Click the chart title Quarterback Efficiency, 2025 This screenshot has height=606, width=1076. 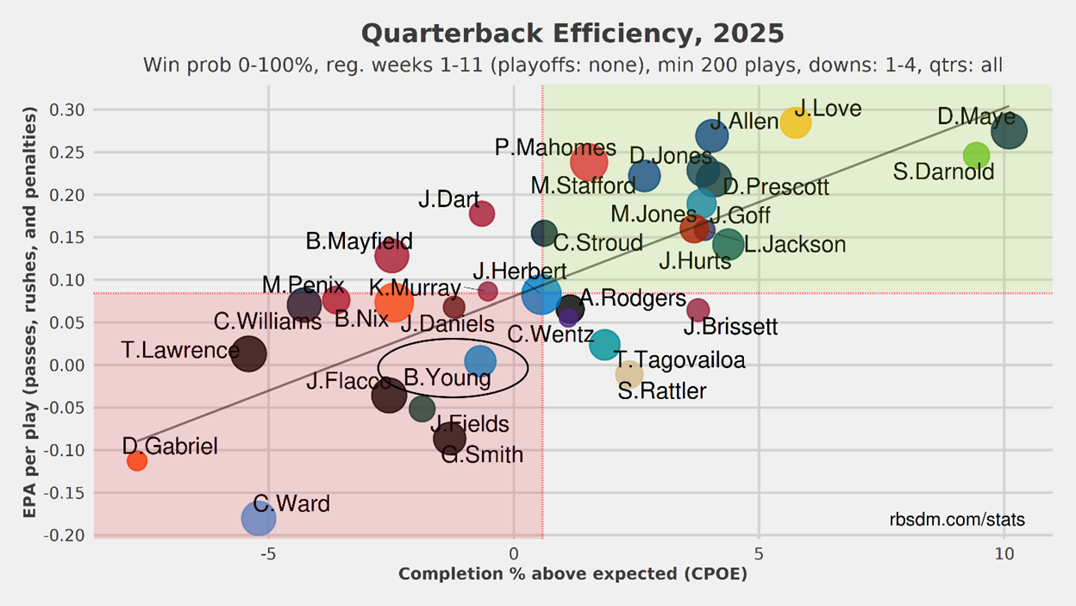point(572,34)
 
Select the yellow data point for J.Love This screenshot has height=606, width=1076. point(796,122)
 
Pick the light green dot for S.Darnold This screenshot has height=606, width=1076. point(976,156)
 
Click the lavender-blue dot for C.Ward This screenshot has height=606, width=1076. point(259,518)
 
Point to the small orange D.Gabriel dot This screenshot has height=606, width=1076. point(136,461)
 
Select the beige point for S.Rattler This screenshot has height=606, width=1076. point(629,374)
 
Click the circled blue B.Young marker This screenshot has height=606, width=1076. point(480,362)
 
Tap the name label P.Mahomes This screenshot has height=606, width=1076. point(555,147)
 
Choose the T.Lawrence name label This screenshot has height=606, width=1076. point(180,351)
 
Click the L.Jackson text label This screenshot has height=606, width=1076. point(795,245)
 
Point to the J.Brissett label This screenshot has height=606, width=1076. point(730,328)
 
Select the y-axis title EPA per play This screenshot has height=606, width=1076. point(31,312)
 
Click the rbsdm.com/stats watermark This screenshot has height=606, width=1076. point(957,520)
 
